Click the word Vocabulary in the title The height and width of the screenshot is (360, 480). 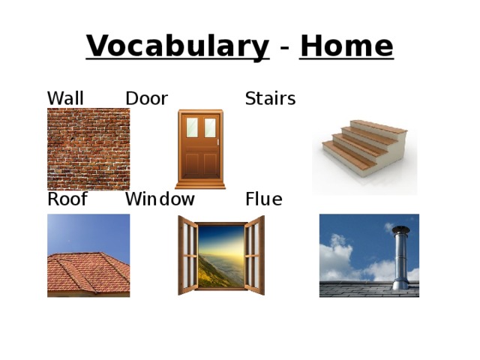pyautogui.click(x=177, y=46)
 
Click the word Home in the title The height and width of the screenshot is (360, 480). pyautogui.click(x=346, y=46)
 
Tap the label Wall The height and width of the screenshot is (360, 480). pyautogui.click(x=65, y=99)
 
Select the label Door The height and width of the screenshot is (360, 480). pyautogui.click(x=146, y=99)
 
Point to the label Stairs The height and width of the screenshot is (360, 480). pyautogui.click(x=270, y=99)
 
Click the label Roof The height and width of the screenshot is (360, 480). pyautogui.click(x=67, y=199)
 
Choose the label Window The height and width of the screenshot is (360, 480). pyautogui.click(x=160, y=199)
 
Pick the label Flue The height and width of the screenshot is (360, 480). pyautogui.click(x=263, y=199)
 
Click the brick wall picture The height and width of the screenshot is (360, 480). pyautogui.click(x=88, y=148)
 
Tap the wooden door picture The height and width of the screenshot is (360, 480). pyautogui.click(x=199, y=150)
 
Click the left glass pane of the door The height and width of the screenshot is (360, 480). pyautogui.click(x=192, y=127)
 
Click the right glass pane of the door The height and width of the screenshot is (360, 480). pyautogui.click(x=209, y=127)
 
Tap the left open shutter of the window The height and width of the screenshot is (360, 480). pyautogui.click(x=187, y=255)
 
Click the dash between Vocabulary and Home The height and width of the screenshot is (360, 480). pyautogui.click(x=285, y=48)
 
